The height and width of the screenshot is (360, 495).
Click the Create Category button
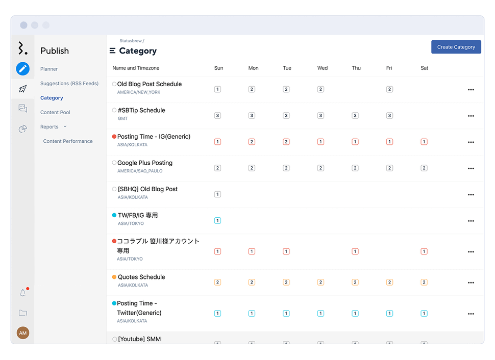(456, 47)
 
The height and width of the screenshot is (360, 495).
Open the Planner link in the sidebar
(49, 69)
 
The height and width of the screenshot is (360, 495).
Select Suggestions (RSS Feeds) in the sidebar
(69, 84)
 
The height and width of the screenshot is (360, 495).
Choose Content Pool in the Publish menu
(55, 112)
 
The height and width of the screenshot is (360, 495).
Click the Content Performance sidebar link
(68, 141)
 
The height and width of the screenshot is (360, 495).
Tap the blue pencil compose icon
(22, 69)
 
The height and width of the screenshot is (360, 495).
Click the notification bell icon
(22, 293)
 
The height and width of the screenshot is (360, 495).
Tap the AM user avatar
(22, 333)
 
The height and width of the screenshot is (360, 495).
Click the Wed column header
(322, 68)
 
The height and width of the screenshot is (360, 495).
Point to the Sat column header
(424, 68)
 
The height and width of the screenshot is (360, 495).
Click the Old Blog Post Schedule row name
(149, 84)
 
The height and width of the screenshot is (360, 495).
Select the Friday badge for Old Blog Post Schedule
(389, 89)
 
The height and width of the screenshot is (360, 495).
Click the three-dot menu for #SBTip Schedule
(471, 116)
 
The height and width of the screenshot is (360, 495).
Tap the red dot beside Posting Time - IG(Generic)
(114, 137)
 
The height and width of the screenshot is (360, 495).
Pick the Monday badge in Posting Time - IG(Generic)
(252, 142)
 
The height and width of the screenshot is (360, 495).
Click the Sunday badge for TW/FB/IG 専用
(217, 220)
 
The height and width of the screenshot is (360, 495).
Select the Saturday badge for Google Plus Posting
(424, 168)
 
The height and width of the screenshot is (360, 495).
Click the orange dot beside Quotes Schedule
(114, 277)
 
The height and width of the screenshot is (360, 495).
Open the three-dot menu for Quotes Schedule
(471, 282)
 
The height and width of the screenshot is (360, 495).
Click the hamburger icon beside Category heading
(112, 51)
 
